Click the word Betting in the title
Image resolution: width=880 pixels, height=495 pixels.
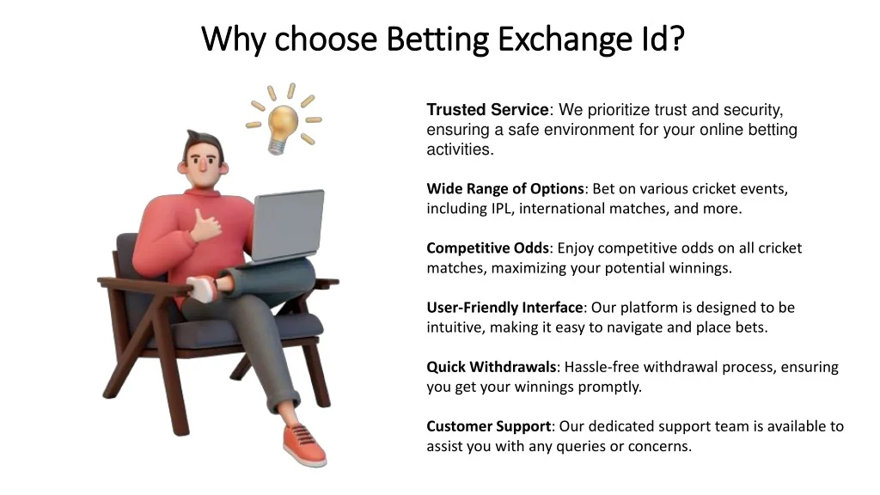(x=437, y=39)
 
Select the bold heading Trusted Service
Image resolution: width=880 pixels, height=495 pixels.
(x=486, y=110)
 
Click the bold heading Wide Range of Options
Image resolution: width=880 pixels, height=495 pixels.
(x=505, y=189)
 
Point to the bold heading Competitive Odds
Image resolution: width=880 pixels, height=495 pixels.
(x=487, y=248)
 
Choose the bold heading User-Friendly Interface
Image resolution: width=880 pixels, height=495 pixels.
(x=504, y=308)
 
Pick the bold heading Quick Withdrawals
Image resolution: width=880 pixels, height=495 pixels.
(x=492, y=367)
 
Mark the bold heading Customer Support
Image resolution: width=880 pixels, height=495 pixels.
(x=488, y=426)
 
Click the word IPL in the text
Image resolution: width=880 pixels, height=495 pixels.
(x=501, y=209)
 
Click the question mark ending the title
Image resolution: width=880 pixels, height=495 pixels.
(x=677, y=39)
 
